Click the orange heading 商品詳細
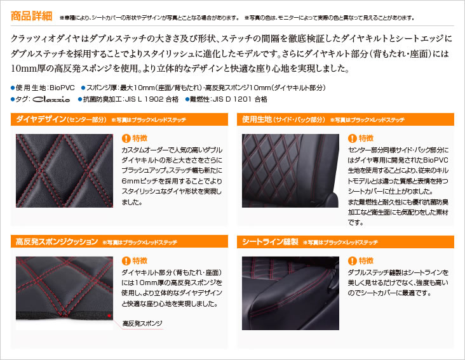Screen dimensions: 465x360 (31, 16)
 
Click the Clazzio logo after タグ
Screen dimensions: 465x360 (51, 100)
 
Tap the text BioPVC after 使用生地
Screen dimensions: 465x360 (62, 88)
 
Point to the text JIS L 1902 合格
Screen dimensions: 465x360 (152, 99)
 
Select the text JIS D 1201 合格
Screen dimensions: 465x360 (240, 99)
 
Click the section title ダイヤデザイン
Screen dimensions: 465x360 (41, 119)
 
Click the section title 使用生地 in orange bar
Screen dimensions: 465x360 (257, 119)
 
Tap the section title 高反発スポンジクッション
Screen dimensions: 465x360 (57, 242)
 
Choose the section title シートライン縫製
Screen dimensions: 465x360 (270, 242)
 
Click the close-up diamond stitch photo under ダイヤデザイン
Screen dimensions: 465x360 (64, 171)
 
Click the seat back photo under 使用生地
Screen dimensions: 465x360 (290, 171)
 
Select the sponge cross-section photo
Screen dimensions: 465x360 (64, 293)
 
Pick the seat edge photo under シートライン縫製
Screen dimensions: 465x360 (290, 293)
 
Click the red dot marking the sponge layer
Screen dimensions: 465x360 (109, 316)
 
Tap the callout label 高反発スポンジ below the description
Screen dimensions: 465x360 (142, 323)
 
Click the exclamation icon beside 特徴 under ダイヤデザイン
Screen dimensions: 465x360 (126, 138)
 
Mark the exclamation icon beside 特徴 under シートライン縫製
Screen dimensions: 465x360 (353, 261)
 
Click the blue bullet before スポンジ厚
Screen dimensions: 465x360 (83, 88)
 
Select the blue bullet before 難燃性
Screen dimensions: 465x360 (187, 99)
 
